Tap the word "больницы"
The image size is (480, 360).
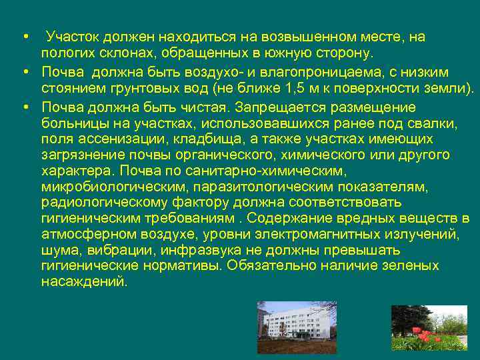pos(69,124)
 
